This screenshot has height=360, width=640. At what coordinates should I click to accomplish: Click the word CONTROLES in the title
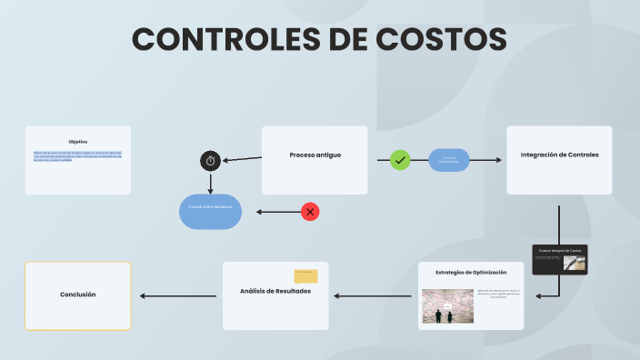[232, 39]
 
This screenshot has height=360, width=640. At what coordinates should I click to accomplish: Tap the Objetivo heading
[78, 141]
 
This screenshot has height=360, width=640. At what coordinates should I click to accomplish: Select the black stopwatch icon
[210, 161]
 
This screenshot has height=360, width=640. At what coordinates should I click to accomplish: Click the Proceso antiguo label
[315, 155]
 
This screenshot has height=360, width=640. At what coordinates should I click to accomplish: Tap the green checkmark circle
[400, 160]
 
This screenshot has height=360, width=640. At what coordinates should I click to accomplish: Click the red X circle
[310, 212]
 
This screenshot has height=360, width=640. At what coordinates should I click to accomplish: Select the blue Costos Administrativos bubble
[210, 208]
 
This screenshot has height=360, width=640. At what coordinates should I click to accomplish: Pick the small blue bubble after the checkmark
[448, 159]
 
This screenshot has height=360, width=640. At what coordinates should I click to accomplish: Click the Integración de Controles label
[559, 155]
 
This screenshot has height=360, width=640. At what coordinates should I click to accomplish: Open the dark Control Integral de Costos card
[559, 259]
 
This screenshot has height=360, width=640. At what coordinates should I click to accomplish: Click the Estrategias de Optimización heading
[471, 272]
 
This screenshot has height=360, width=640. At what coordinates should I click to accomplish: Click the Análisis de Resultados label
[275, 291]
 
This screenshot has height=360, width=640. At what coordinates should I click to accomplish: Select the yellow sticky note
[305, 276]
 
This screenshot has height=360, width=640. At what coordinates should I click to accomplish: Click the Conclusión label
[77, 295]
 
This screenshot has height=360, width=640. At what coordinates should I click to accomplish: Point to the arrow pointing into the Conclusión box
[177, 295]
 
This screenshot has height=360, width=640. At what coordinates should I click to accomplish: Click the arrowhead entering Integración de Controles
[497, 160]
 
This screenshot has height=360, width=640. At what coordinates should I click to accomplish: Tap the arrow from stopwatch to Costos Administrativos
[210, 183]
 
